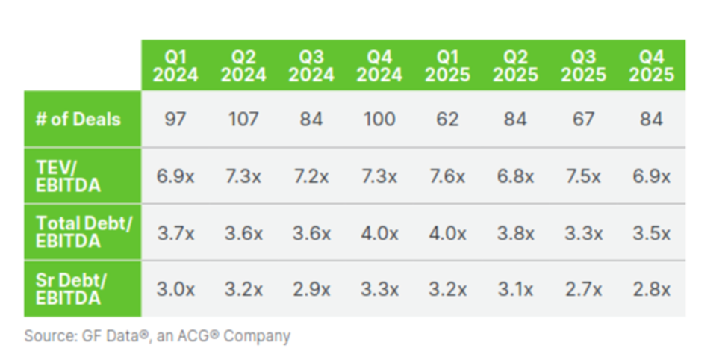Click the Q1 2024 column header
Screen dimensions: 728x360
(x=175, y=66)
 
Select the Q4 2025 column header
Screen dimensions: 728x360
(x=651, y=66)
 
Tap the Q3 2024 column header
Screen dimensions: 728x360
(x=311, y=66)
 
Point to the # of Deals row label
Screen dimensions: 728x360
(x=78, y=120)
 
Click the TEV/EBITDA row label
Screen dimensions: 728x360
(x=68, y=176)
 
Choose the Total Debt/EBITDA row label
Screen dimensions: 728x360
(x=84, y=232)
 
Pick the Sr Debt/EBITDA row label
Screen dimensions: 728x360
(x=71, y=289)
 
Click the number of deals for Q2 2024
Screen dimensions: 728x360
(x=243, y=120)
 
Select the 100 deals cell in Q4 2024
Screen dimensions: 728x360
(x=379, y=120)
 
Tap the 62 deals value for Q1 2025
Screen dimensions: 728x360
(x=447, y=120)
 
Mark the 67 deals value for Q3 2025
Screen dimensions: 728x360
(x=583, y=120)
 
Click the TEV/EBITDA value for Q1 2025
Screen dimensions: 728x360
(x=447, y=176)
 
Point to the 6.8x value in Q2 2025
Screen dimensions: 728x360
(x=515, y=176)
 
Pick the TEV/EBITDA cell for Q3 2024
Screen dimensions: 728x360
(x=311, y=176)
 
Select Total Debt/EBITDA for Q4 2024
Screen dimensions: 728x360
(x=379, y=233)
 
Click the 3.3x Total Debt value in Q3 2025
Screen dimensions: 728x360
(x=584, y=233)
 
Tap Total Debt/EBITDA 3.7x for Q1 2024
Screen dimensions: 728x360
(x=175, y=233)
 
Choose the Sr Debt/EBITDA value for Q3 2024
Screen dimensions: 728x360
(x=311, y=290)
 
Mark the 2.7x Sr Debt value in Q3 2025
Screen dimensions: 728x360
(x=584, y=290)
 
